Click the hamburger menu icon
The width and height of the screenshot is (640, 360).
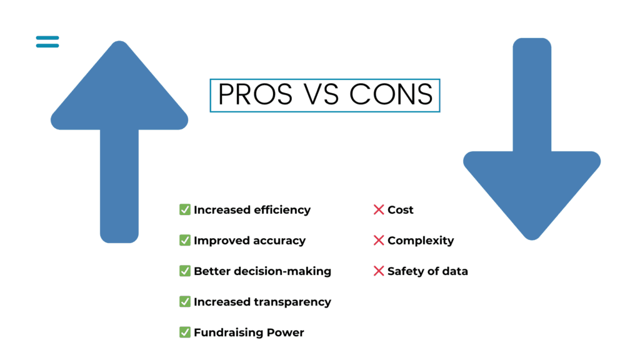point(47,42)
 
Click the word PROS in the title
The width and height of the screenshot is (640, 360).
point(255,95)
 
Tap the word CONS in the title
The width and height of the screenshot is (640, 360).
point(391,95)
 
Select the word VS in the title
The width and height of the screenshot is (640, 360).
point(321,95)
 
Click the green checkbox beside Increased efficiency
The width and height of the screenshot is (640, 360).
point(185,209)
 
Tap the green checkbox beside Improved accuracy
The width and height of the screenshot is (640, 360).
point(185,240)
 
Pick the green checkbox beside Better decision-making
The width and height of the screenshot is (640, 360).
point(185,271)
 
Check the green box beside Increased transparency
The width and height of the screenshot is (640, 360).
point(185,301)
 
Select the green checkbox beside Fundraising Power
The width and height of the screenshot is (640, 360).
point(185,332)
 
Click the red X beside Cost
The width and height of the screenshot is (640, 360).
point(379,209)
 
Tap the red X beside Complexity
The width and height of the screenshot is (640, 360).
point(379,241)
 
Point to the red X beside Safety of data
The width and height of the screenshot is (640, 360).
point(379,271)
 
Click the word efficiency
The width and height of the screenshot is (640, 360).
point(282,210)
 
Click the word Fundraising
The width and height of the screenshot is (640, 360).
point(228,332)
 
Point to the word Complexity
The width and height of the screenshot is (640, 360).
point(421,241)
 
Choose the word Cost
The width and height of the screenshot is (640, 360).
point(401,210)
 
